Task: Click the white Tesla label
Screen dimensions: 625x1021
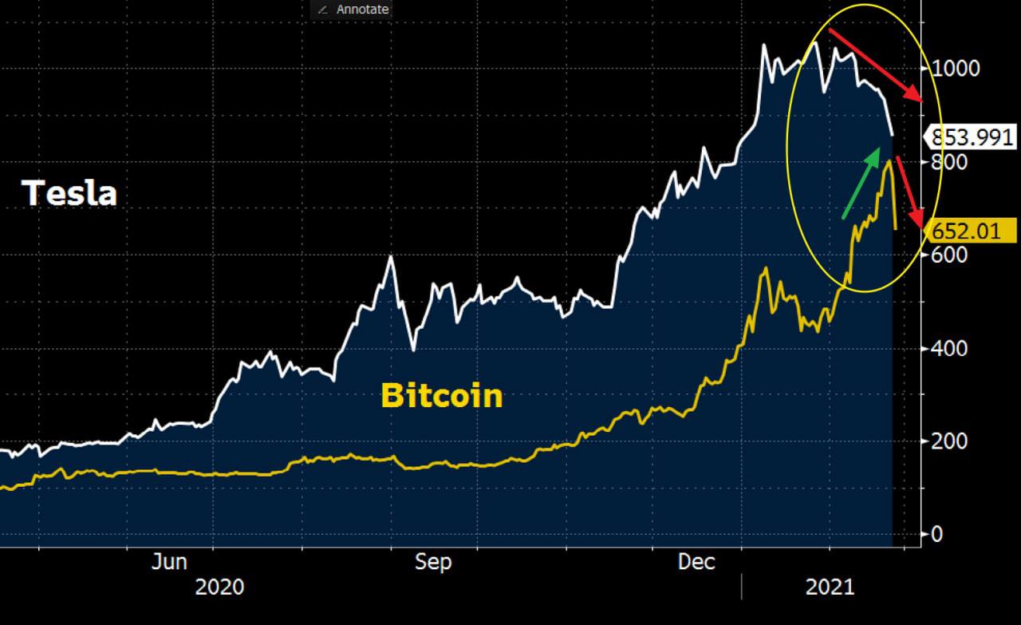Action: (x=69, y=194)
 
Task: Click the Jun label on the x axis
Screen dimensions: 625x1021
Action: (x=169, y=562)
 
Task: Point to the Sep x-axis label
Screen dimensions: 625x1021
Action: (x=433, y=562)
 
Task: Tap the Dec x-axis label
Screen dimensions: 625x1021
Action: (x=696, y=562)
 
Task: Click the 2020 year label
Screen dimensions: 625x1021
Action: (x=219, y=587)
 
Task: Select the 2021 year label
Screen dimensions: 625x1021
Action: (x=830, y=587)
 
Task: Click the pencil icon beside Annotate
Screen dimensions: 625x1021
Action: (x=323, y=10)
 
